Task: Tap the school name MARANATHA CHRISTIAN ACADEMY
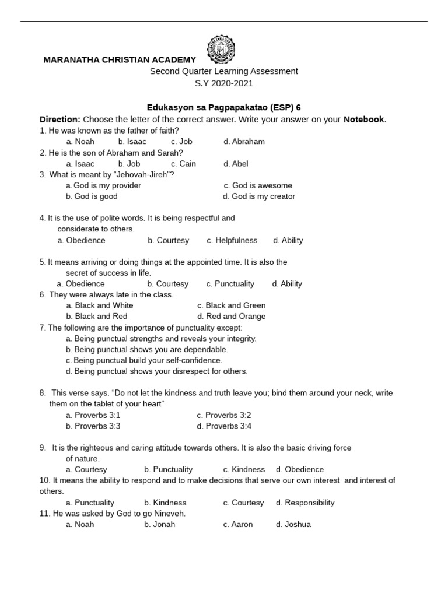point(120,59)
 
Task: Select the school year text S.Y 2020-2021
point(224,83)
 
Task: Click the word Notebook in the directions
point(364,120)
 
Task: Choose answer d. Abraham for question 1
point(244,141)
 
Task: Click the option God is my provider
point(104,185)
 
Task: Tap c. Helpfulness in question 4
point(232,240)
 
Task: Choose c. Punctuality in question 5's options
point(230,284)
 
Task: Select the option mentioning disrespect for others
point(157,371)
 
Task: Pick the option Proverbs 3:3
point(93,426)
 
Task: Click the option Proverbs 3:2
point(224,415)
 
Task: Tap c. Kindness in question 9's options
point(244,469)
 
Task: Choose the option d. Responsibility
point(305,503)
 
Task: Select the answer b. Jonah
point(159,524)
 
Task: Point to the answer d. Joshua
point(293,524)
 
